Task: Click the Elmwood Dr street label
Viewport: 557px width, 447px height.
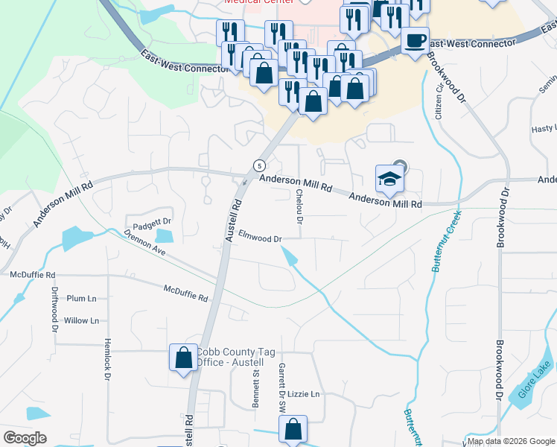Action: click(259, 238)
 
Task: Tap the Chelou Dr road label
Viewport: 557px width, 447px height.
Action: click(299, 207)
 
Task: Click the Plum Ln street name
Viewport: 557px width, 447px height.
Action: click(82, 298)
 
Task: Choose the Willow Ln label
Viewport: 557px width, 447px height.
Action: click(81, 320)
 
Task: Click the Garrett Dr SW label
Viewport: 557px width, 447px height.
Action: click(282, 388)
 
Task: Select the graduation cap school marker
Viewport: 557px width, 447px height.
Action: click(389, 179)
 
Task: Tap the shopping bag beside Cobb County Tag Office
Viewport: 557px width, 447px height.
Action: click(183, 358)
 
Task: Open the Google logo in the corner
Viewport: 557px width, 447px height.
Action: click(25, 438)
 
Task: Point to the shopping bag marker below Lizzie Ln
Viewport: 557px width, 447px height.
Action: click(293, 429)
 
